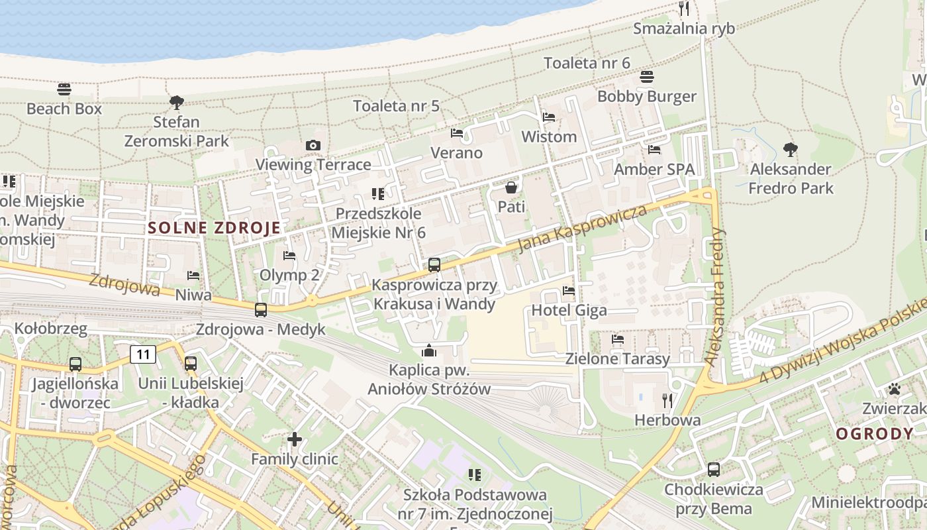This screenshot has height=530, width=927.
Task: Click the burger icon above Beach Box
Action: tap(64, 89)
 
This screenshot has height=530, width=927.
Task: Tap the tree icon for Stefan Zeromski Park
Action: tap(176, 102)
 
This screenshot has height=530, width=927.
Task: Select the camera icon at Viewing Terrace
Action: tap(313, 145)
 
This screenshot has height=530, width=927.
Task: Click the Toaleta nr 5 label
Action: tap(396, 106)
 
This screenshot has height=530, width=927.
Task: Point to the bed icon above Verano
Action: tap(457, 133)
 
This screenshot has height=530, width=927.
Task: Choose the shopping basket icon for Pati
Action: tap(511, 187)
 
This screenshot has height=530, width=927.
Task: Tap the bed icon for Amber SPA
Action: tap(654, 150)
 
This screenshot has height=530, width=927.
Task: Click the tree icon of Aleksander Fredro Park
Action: tap(790, 149)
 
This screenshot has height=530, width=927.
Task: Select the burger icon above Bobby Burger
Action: tap(647, 77)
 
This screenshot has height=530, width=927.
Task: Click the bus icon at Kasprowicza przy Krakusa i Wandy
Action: tap(434, 265)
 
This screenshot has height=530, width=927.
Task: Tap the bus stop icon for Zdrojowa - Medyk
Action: tap(261, 309)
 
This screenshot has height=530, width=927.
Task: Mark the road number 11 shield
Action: tap(143, 354)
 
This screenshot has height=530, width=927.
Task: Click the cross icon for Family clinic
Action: tap(295, 439)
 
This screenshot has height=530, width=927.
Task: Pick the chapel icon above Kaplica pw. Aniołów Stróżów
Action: tap(429, 350)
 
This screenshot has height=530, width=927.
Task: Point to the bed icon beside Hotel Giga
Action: tap(568, 290)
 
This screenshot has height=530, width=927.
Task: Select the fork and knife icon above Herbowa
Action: tap(667, 400)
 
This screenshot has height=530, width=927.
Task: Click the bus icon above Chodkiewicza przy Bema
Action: tap(713, 470)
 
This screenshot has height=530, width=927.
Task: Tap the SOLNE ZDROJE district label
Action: tap(214, 228)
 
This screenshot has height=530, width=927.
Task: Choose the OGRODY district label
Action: tap(874, 434)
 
